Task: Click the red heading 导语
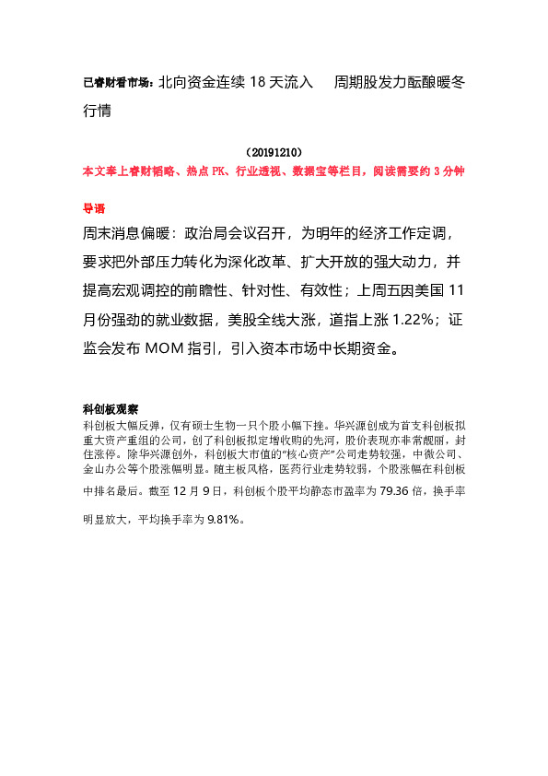94,208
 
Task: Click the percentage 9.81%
223,521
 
